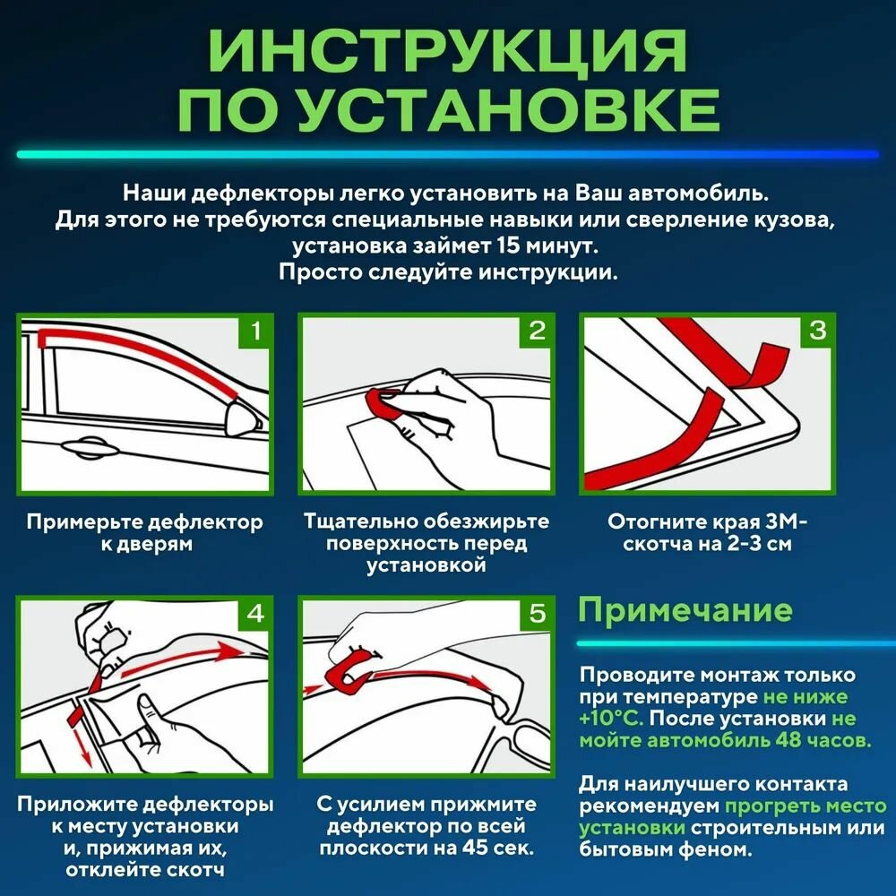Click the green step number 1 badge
tap(255, 332)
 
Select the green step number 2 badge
tap(537, 332)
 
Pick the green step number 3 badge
tap(817, 332)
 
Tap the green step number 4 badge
tap(255, 614)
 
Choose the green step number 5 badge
tap(537, 614)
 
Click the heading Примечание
tap(685, 610)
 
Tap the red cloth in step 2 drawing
tap(385, 404)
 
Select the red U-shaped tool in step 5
tap(344, 676)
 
